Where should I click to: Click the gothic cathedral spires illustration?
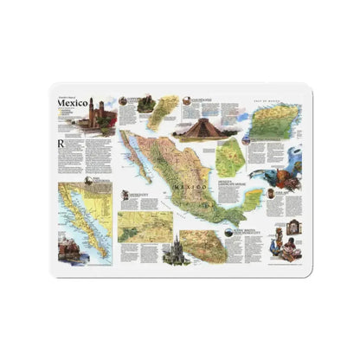[x=184, y=250]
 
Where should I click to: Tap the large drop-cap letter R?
[x=60, y=144]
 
